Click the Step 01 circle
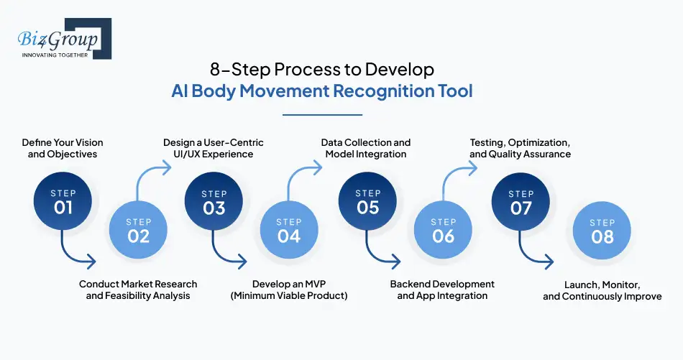click(x=63, y=201)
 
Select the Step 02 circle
click(x=138, y=230)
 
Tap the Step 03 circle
click(x=214, y=201)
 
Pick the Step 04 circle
click(x=289, y=230)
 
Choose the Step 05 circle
click(x=367, y=201)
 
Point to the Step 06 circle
click(x=443, y=230)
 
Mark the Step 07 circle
click(x=521, y=201)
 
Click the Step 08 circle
click(x=602, y=230)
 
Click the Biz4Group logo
click(x=65, y=39)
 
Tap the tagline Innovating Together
click(x=55, y=55)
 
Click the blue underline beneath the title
click(x=322, y=115)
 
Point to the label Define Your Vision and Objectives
click(x=63, y=148)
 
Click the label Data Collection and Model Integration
click(x=366, y=148)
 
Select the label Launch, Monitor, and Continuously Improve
click(x=602, y=290)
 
